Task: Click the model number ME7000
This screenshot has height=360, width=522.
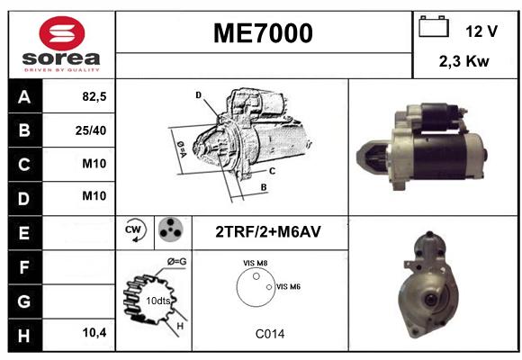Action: [263, 33]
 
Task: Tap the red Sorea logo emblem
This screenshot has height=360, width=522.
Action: [62, 33]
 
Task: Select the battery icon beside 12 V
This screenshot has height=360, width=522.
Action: [434, 26]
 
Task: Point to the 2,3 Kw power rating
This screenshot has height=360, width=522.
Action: [464, 61]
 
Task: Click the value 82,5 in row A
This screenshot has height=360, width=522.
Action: [94, 96]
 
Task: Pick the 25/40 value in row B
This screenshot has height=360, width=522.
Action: [91, 130]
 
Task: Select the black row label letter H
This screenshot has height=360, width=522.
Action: [24, 336]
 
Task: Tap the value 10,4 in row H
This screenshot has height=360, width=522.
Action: [94, 332]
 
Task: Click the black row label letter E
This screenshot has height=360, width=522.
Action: [24, 232]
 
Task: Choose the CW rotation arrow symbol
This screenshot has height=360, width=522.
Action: [135, 229]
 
